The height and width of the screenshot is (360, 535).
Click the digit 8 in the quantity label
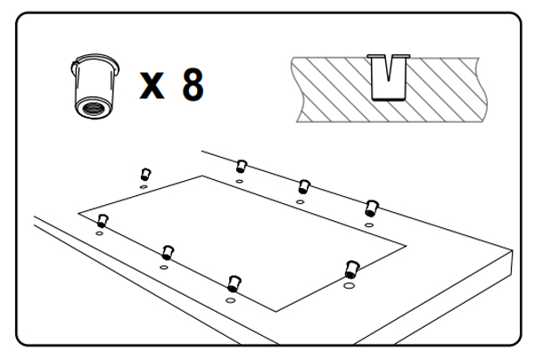[193, 85]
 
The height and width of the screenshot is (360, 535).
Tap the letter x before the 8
[152, 86]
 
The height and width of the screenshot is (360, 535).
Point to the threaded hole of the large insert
[93, 109]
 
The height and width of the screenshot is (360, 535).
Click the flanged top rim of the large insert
[95, 61]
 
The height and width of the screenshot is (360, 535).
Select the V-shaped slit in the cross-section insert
[389, 69]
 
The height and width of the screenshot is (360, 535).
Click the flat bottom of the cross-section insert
[389, 99]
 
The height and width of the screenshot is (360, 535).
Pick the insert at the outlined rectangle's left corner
[103, 221]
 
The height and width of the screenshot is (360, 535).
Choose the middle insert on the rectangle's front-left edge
[168, 252]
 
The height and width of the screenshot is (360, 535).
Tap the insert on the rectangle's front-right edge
[351, 269]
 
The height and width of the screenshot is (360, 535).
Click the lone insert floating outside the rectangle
[145, 174]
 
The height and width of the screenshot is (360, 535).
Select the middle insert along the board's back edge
[304, 187]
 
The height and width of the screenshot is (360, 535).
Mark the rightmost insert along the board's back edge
[371, 209]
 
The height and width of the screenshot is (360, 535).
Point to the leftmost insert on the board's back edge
[242, 167]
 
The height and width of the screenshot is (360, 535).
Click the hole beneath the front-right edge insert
[349, 285]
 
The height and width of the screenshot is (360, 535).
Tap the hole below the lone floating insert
[144, 187]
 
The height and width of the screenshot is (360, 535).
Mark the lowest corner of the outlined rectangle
[276, 311]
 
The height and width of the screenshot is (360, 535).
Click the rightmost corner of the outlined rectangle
[406, 245]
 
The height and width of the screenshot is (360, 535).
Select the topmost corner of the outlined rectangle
[202, 176]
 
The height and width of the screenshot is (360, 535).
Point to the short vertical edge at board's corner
[512, 263]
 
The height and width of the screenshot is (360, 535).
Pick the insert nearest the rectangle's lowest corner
[234, 284]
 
